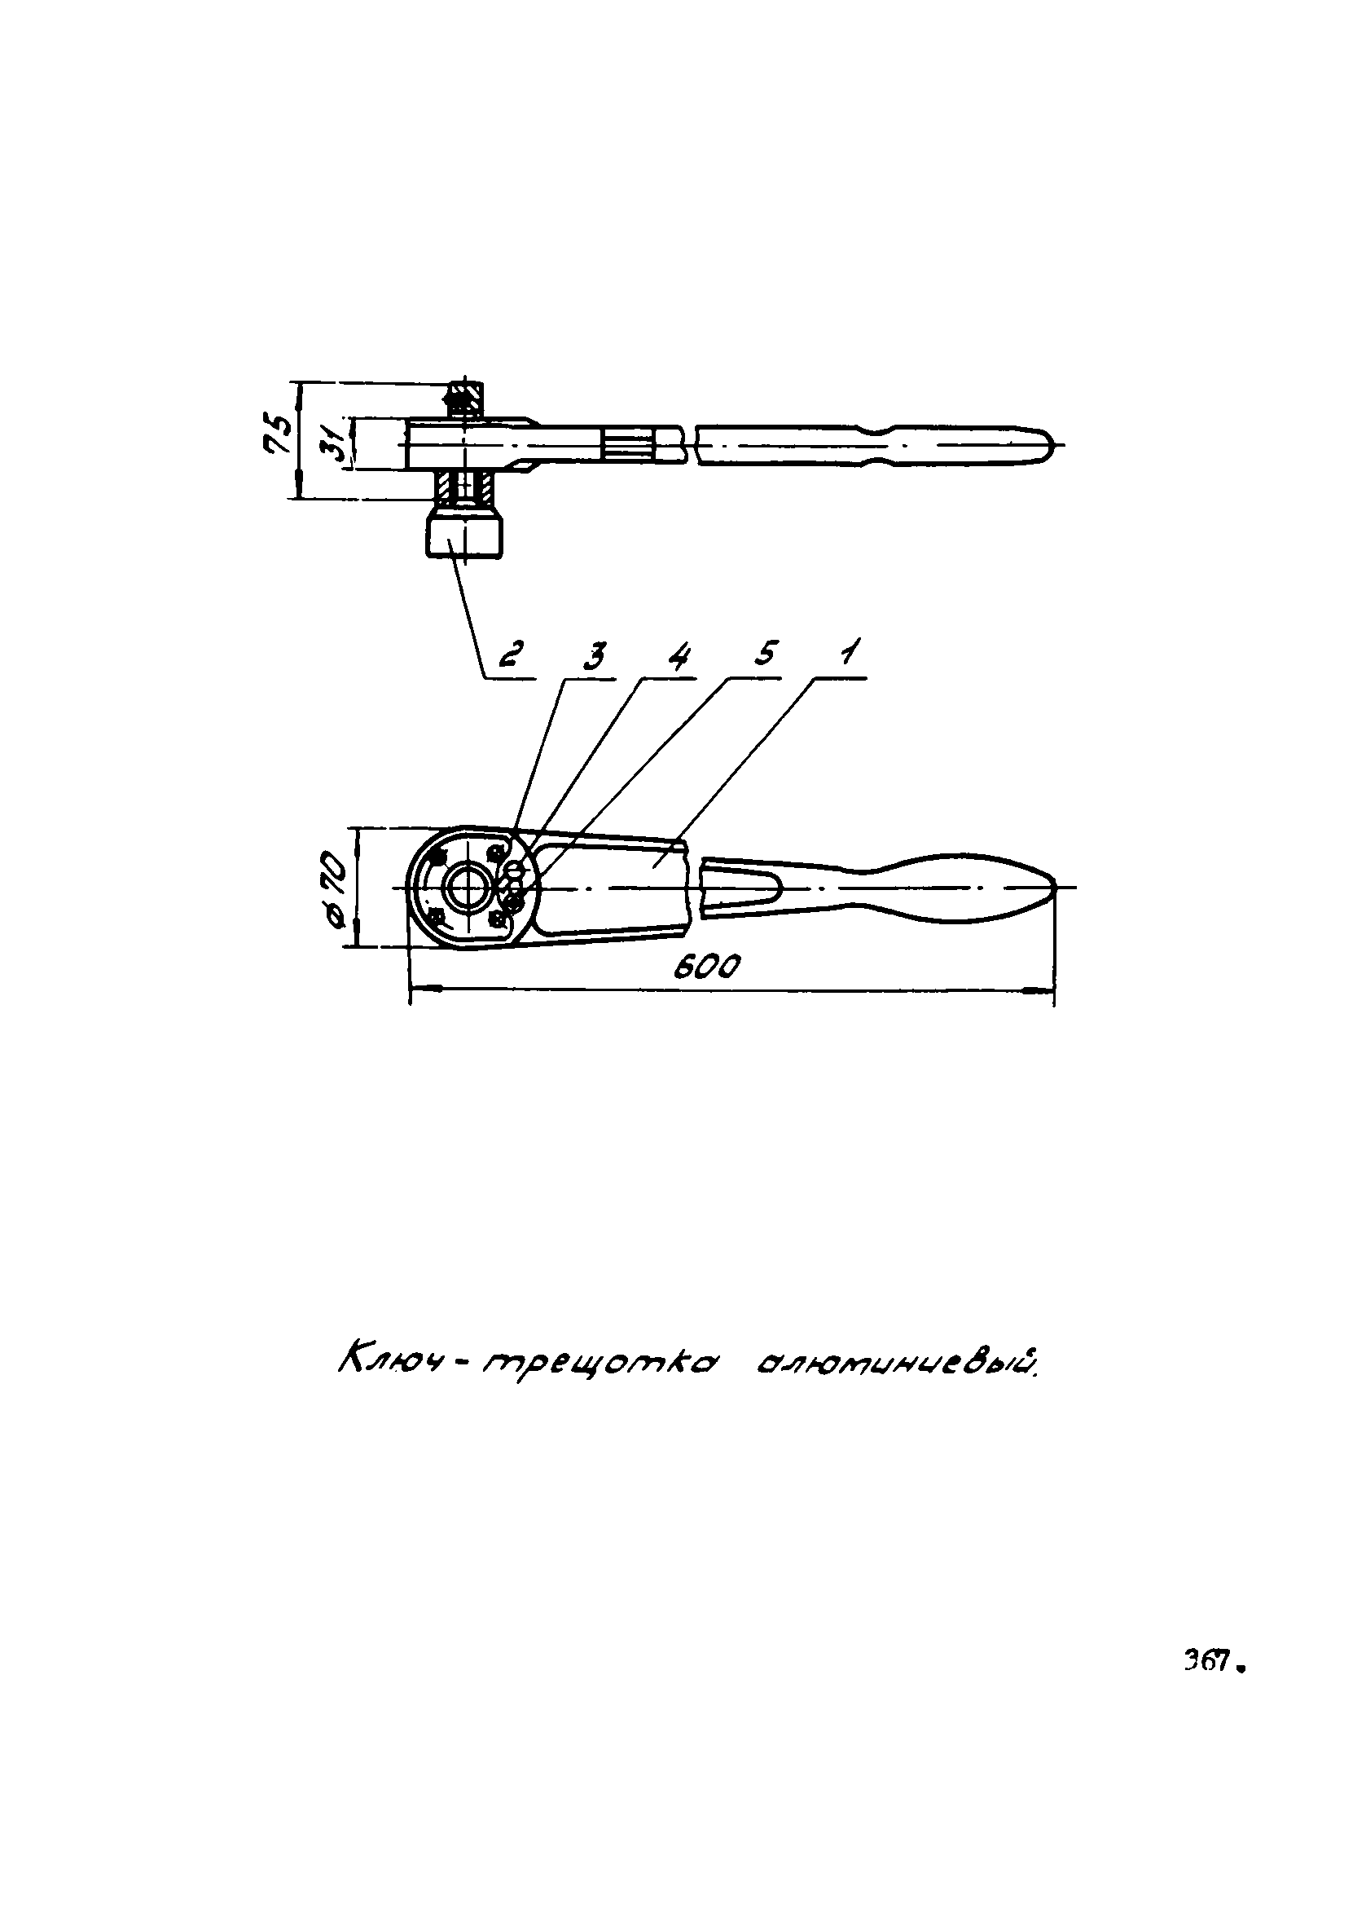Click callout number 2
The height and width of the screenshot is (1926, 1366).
[512, 654]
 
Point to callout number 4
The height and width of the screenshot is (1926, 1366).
[679, 655]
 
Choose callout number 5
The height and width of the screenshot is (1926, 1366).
[763, 654]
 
